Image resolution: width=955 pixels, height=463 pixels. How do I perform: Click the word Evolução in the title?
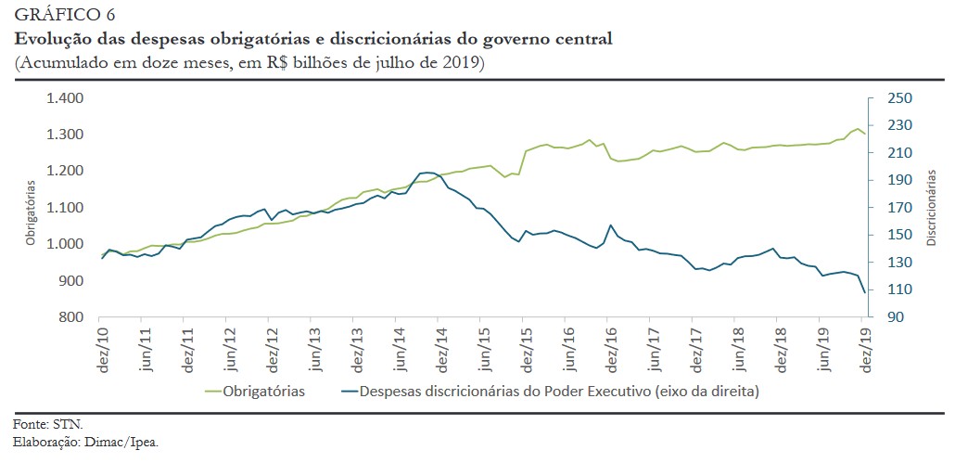point(47,39)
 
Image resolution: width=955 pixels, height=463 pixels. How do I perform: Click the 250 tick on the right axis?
point(900,98)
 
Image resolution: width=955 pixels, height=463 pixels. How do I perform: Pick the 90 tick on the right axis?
point(897,317)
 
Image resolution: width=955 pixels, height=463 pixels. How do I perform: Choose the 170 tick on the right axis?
point(900,208)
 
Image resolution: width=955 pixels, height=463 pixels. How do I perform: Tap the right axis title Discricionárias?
point(931,208)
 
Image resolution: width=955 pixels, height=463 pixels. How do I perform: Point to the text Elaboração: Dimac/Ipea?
point(86,442)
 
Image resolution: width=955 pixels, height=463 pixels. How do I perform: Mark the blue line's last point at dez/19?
point(865,292)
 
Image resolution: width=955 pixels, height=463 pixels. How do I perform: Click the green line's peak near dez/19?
point(858,129)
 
